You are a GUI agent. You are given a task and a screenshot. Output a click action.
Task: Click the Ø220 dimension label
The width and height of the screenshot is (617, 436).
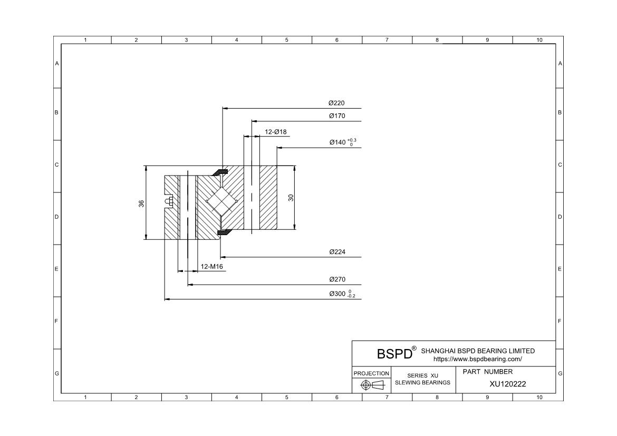pyautogui.click(x=336, y=103)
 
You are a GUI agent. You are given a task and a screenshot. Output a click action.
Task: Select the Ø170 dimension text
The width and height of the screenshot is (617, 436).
pyautogui.click(x=337, y=115)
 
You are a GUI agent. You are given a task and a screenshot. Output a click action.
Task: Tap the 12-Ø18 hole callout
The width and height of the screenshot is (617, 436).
pyautogui.click(x=275, y=132)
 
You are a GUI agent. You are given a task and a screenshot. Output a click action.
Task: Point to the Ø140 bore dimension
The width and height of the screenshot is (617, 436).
pyautogui.click(x=343, y=142)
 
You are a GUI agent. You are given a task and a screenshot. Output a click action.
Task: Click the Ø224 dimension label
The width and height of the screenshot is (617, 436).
pyautogui.click(x=337, y=252)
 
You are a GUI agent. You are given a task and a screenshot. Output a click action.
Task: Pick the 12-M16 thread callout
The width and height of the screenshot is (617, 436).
pyautogui.click(x=211, y=267)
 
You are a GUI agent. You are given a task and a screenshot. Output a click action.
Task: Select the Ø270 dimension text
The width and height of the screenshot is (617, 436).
pyautogui.click(x=337, y=279)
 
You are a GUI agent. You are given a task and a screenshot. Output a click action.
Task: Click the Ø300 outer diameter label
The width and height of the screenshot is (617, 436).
pyautogui.click(x=342, y=294)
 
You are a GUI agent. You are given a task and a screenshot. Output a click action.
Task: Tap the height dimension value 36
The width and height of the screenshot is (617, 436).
pyautogui.click(x=141, y=204)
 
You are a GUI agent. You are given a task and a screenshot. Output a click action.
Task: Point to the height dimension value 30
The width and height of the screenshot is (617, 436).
pyautogui.click(x=291, y=198)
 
